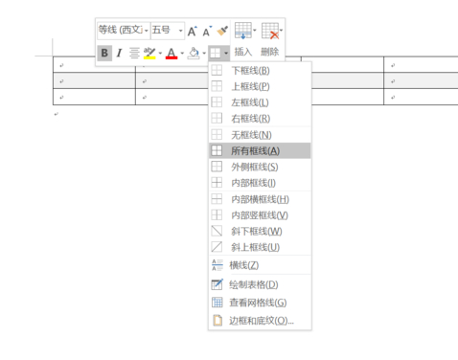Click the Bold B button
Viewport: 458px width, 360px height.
click(x=103, y=53)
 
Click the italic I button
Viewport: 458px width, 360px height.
click(x=119, y=53)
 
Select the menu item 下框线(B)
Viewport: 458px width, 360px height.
click(x=249, y=71)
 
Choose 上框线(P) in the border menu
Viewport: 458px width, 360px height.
click(x=249, y=86)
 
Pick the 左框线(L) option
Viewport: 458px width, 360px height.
click(x=249, y=102)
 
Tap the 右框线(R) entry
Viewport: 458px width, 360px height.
click(x=249, y=119)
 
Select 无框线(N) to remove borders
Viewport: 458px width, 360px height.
click(x=249, y=135)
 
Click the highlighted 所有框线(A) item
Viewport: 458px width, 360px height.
click(x=254, y=150)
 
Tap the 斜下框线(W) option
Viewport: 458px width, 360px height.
click(x=255, y=231)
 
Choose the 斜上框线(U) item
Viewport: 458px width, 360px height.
click(x=255, y=247)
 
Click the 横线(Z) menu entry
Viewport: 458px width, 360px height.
click(x=243, y=264)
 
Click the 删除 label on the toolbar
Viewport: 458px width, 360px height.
click(x=269, y=53)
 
